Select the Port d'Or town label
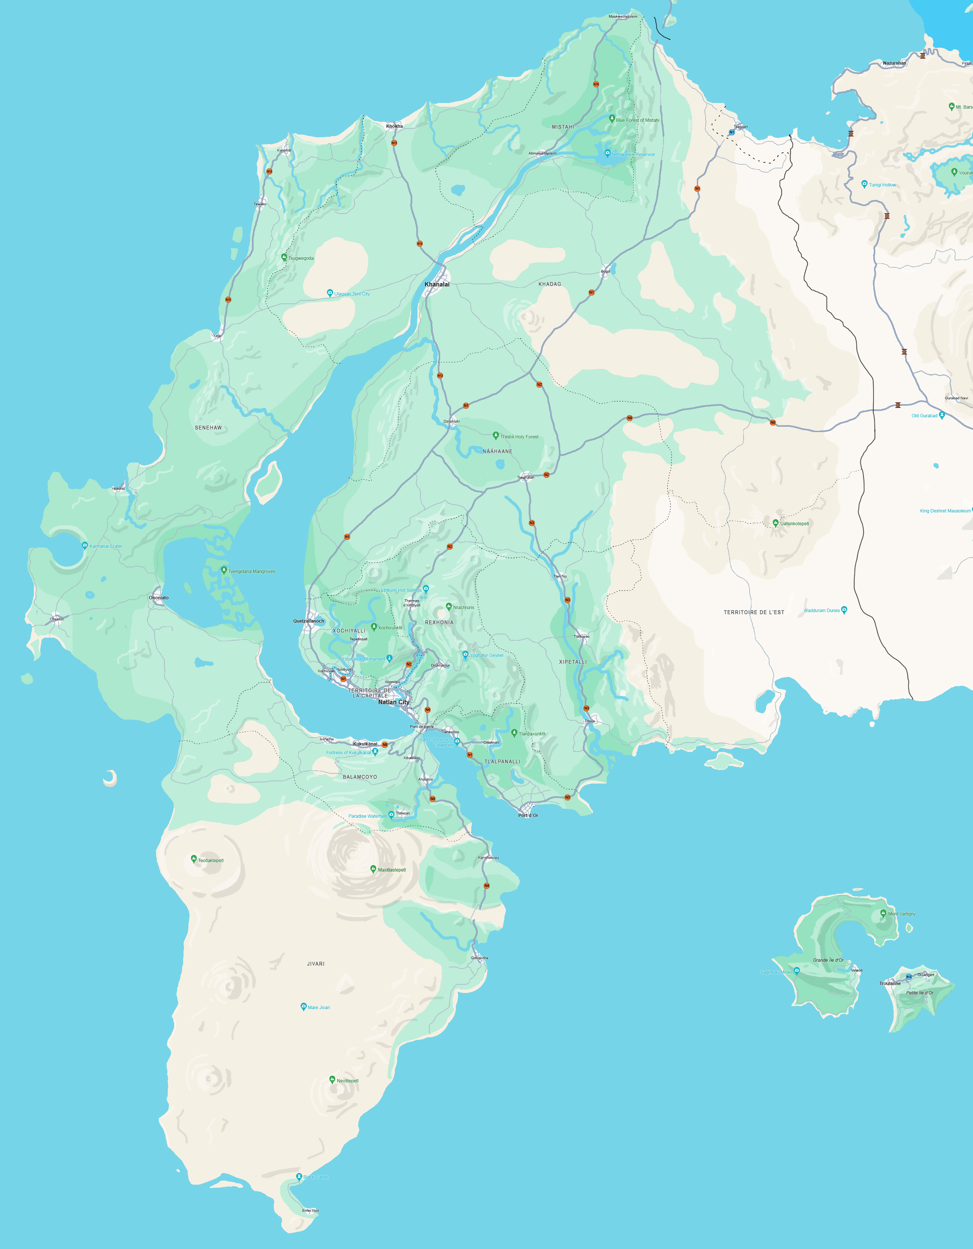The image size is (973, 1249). pos(528,815)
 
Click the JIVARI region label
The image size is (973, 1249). pos(316,964)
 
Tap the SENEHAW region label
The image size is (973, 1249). pos(208,428)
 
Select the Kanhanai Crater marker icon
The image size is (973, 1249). pos(85,545)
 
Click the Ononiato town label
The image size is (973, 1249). pos(158,598)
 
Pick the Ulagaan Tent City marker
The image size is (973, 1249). pos(329,293)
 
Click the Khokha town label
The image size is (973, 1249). pos(394,126)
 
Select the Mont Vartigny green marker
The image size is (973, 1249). pos(883,913)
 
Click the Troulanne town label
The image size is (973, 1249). pos(890,983)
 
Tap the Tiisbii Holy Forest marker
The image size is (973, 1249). pos(495,436)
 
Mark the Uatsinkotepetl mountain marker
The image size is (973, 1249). pos(775,522)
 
